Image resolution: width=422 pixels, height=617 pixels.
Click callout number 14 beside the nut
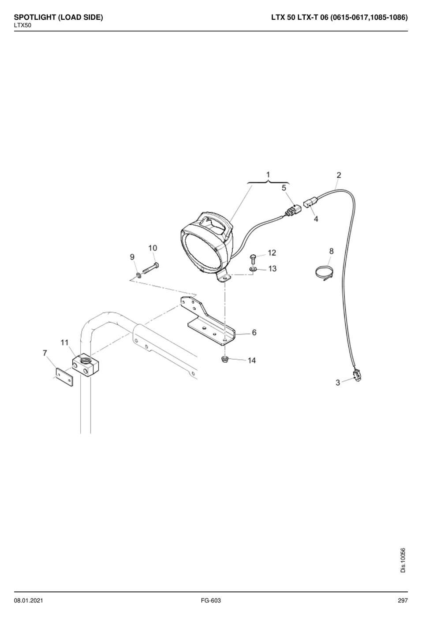coord(252,361)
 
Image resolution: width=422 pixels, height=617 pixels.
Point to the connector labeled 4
coord(309,204)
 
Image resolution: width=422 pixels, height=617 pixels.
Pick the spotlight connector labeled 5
coord(292,211)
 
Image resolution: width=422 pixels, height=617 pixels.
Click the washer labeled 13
coord(254,269)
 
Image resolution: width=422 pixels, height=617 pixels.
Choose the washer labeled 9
coord(138,275)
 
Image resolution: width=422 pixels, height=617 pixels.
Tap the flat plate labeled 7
coord(64,377)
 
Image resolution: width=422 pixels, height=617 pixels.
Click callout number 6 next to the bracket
coord(254,332)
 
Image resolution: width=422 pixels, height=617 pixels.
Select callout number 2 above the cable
coord(339,175)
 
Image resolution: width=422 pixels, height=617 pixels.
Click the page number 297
coord(403,600)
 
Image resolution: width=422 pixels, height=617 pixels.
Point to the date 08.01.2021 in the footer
coord(29,600)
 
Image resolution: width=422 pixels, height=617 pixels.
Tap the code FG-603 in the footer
coord(211,600)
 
